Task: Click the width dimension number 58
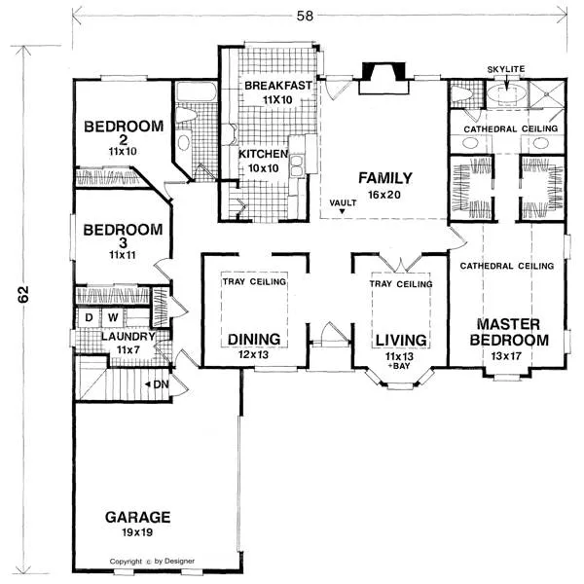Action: [x=305, y=16]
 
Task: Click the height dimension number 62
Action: [x=23, y=294]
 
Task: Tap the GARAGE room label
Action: [x=137, y=517]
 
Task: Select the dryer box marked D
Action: [x=89, y=317]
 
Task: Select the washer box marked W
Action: [x=113, y=317]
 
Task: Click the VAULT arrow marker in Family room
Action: [x=343, y=211]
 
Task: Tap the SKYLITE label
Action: [x=506, y=69]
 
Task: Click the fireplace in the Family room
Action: [x=383, y=78]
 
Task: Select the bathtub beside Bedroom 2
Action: [x=197, y=91]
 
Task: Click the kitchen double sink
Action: [x=297, y=165]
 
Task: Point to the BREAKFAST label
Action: [x=277, y=86]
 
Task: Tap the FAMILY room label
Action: [x=385, y=178]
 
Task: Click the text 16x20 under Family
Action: [x=384, y=195]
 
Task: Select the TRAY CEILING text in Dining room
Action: [x=254, y=281]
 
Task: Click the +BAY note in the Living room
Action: [x=399, y=366]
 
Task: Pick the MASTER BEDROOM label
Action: [x=509, y=332]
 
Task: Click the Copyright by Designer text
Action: [x=152, y=562]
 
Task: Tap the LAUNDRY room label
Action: [x=128, y=337]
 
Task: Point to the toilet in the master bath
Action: [x=461, y=93]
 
